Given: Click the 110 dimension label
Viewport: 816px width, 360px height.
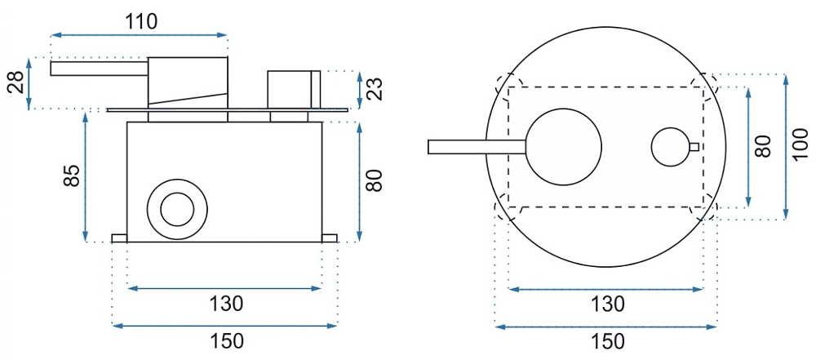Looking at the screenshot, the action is (141, 21).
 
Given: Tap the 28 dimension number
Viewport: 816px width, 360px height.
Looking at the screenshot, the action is (16, 82).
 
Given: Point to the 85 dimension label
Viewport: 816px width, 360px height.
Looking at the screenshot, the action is (73, 176).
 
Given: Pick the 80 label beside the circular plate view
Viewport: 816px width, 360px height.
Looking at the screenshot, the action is (764, 146).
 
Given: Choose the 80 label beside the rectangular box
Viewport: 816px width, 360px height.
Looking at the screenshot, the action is (375, 180).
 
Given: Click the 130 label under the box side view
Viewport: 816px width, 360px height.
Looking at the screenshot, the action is (225, 304).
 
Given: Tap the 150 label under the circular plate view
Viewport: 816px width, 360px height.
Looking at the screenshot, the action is (606, 342).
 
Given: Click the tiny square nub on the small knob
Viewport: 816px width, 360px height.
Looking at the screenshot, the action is (694, 146).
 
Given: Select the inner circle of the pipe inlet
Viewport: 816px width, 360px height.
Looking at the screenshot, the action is (177, 209).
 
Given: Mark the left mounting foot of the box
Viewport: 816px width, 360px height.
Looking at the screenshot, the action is (120, 238).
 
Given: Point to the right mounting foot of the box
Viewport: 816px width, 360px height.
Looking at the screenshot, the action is (330, 238).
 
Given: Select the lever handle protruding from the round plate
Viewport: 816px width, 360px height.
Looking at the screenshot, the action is (477, 147).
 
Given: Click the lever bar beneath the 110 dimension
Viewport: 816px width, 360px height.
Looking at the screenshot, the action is (100, 69).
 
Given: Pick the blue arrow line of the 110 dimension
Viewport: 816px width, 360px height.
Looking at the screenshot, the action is (139, 35).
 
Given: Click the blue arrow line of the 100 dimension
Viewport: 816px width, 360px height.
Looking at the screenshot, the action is (786, 146).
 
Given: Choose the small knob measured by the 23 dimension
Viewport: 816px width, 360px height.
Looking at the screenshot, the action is (294, 90).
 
